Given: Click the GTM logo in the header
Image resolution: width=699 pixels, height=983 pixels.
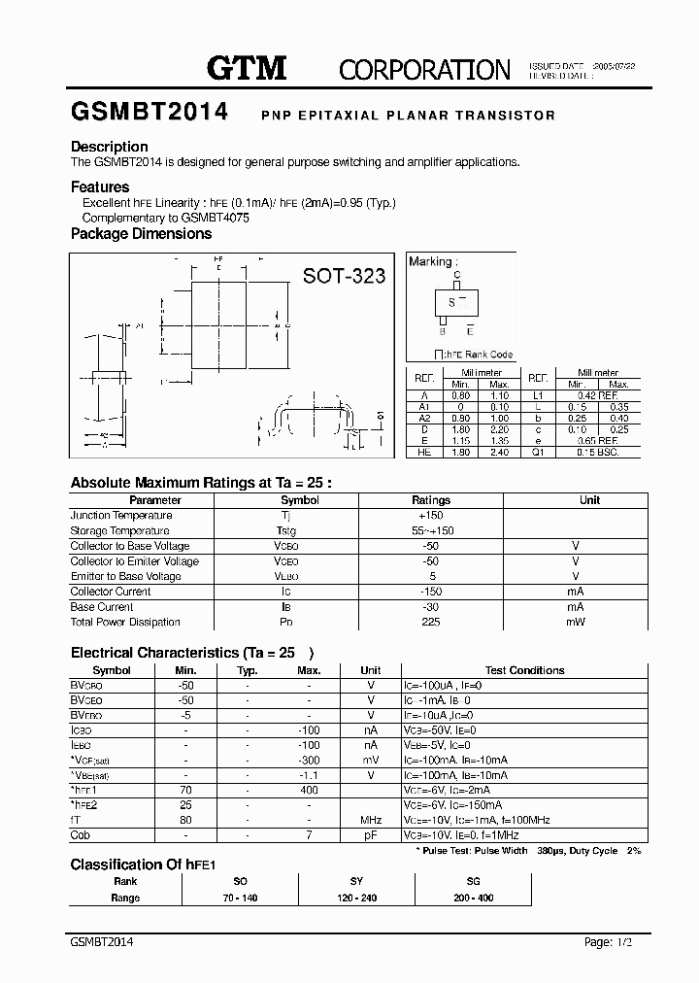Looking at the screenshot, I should click(x=247, y=67).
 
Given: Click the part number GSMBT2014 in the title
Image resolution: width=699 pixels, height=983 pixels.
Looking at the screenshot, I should click(x=150, y=113).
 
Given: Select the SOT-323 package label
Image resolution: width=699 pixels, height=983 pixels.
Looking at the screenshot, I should click(x=344, y=276).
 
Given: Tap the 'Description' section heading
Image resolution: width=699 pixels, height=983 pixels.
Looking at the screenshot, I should click(x=110, y=147).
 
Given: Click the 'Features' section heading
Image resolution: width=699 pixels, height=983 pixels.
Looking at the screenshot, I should click(x=100, y=186).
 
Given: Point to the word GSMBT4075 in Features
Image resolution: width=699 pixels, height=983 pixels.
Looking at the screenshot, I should click(x=216, y=218).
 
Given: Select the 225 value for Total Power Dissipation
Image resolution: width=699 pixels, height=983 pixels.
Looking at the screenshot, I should click(x=431, y=622).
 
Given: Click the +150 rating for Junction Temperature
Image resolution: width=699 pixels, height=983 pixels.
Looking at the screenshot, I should click(x=431, y=516).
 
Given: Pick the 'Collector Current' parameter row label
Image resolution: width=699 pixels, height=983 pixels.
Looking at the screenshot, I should click(x=111, y=592).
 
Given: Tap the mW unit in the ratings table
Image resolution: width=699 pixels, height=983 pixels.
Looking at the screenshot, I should click(x=576, y=622).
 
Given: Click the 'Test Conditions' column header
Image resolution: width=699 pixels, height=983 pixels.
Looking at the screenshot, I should click(x=524, y=670).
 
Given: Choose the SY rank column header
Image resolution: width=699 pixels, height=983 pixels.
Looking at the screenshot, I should click(x=356, y=881).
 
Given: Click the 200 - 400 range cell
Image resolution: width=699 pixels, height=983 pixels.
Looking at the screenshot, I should click(x=473, y=898).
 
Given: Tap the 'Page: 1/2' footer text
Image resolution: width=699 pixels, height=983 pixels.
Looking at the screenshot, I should click(x=610, y=942).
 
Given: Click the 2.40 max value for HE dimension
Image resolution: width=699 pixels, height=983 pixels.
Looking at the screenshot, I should click(x=501, y=452).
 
